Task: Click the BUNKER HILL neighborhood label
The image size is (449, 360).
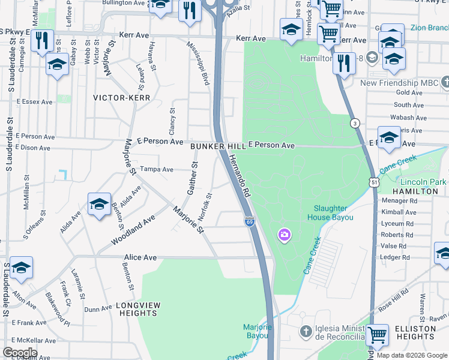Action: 217,146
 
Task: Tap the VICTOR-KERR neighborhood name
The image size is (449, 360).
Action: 121,97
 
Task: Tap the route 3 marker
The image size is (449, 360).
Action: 355,123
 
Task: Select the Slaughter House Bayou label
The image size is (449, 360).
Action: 331,212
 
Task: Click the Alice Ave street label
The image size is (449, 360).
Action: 140,257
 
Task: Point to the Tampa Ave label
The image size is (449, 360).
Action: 156,169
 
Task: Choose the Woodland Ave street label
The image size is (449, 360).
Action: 133,230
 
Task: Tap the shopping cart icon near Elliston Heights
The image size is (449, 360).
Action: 377,334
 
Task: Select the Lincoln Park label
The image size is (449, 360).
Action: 422,181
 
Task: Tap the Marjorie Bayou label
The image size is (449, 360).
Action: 258,331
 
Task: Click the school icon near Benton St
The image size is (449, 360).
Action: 99,204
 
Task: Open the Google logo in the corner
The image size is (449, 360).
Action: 20,353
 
